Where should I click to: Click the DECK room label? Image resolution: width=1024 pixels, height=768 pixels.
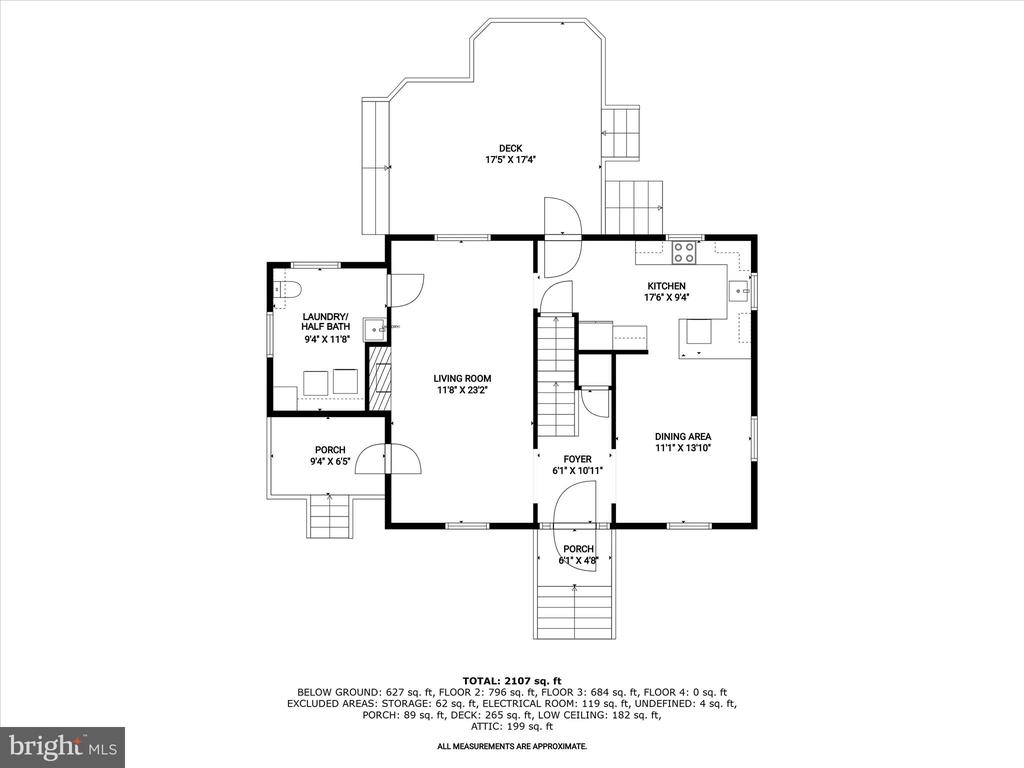pos(510,148)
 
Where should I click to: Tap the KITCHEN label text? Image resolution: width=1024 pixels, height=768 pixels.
pos(666,286)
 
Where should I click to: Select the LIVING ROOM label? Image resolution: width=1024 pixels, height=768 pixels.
pos(462,378)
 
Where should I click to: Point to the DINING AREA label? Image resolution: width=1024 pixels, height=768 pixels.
pos(683,436)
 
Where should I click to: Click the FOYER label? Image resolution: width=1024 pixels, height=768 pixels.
pos(577,459)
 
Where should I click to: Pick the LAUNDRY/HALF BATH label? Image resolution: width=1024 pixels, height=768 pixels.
pos(325,321)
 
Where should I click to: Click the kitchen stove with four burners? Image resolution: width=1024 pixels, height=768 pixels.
pos(684,252)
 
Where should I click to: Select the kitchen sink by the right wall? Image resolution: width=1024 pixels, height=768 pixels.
pos(740,288)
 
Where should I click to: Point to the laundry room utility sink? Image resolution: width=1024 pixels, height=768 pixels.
pos(375,330)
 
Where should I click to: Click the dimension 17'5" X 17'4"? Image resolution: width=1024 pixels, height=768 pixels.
pos(510,159)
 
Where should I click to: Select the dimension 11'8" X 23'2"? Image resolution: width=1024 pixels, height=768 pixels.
pos(462,390)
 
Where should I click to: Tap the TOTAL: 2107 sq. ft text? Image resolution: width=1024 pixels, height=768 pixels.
pos(512,680)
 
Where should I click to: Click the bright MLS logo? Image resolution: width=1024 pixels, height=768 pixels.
pos(63,744)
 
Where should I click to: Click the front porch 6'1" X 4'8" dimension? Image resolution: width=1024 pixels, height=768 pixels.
pos(578,560)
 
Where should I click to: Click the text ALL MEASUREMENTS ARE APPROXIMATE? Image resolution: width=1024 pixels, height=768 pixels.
pos(512,746)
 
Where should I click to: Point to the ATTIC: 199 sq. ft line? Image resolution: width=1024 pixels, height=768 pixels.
pos(512,726)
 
